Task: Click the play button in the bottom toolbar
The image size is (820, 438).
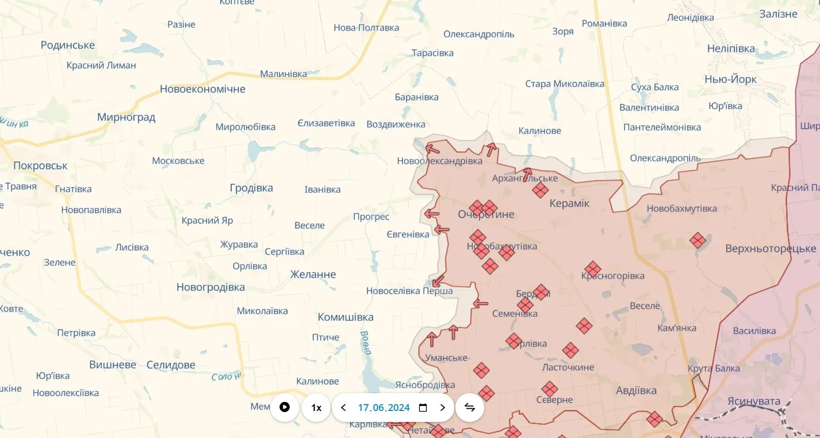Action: (285, 408)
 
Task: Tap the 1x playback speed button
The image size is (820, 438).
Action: (316, 408)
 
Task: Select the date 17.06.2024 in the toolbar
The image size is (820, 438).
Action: (384, 408)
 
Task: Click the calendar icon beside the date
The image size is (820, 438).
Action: (423, 408)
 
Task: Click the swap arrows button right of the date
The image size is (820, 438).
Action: (470, 408)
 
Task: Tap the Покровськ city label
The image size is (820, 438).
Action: (40, 166)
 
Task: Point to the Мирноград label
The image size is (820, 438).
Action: (126, 117)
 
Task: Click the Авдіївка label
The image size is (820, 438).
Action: (636, 390)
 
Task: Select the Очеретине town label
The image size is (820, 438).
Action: (486, 214)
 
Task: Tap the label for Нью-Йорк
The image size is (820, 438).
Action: (730, 79)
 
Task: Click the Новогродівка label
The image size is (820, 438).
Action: (210, 287)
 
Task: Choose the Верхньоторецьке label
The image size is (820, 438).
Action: (771, 248)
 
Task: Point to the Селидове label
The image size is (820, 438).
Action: (171, 364)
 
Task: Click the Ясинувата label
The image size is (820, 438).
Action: (754, 401)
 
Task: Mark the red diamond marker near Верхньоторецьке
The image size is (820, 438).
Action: (698, 240)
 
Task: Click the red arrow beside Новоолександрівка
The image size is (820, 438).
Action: (432, 149)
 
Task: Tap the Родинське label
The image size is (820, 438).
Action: (68, 45)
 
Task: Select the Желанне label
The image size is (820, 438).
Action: (313, 274)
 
